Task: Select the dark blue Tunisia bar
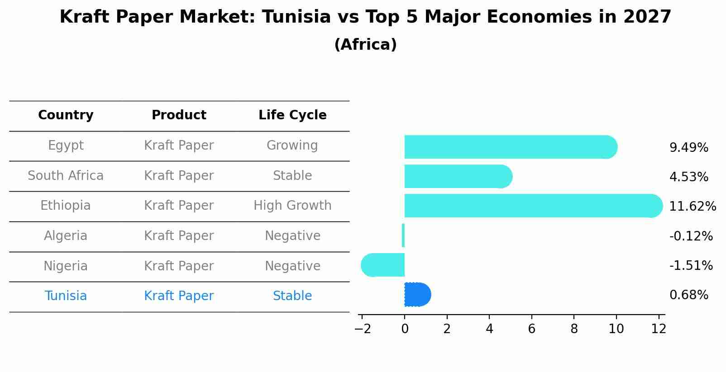click(417, 295)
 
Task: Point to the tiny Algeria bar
click(403, 235)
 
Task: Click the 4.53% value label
click(688, 177)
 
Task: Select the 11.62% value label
click(692, 207)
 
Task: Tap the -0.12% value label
click(691, 236)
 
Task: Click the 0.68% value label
click(688, 295)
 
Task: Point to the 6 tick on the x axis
click(531, 329)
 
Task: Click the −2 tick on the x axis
click(363, 329)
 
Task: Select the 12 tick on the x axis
click(659, 329)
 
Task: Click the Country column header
click(66, 115)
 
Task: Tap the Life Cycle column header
click(292, 115)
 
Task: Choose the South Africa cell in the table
click(66, 176)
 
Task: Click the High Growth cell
click(292, 206)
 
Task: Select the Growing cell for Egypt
click(292, 146)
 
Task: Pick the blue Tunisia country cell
click(66, 296)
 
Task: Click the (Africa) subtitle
click(365, 45)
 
